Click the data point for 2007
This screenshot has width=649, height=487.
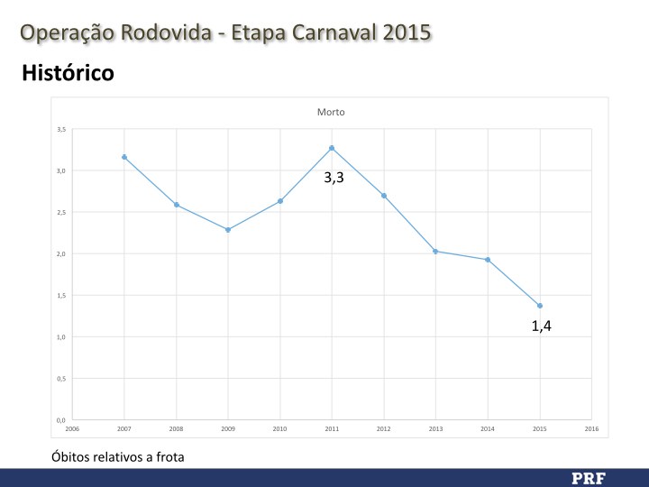pyautogui.click(x=124, y=157)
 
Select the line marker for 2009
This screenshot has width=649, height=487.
pyautogui.click(x=228, y=230)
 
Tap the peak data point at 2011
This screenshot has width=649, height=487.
pyautogui.click(x=332, y=148)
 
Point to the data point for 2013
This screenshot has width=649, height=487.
pyautogui.click(x=435, y=251)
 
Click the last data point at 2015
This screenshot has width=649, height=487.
pyautogui.click(x=540, y=306)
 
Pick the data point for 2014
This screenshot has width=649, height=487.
pyautogui.click(x=488, y=260)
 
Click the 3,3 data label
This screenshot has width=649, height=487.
pyautogui.click(x=334, y=179)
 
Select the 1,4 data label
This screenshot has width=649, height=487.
pyautogui.click(x=541, y=326)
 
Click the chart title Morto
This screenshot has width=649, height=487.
pyautogui.click(x=331, y=113)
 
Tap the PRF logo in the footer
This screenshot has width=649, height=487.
pyautogui.click(x=589, y=477)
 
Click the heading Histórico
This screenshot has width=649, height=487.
pyautogui.click(x=68, y=73)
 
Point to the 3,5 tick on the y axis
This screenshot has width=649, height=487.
pyautogui.click(x=61, y=129)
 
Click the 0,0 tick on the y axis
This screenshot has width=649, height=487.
pyautogui.click(x=61, y=420)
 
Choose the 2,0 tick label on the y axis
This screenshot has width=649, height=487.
pyautogui.click(x=61, y=254)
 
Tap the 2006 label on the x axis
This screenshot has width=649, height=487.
pyautogui.click(x=72, y=429)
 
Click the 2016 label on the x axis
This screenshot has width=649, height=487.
pyautogui.click(x=591, y=429)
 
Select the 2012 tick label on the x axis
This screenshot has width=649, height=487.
pyautogui.click(x=384, y=429)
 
